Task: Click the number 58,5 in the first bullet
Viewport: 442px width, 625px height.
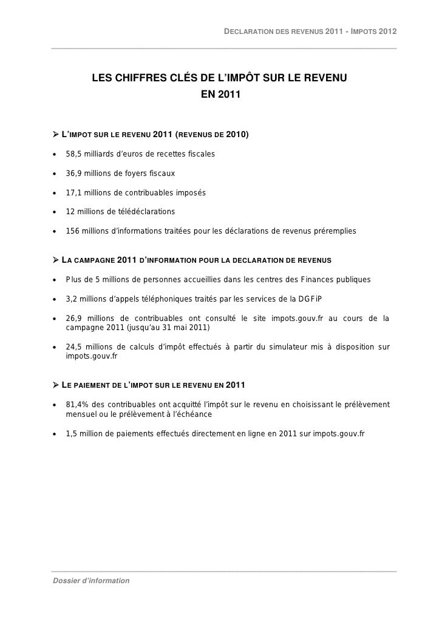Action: (73, 154)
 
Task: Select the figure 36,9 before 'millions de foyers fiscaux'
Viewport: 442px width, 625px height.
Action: (73, 174)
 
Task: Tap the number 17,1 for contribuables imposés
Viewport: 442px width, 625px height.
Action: (73, 193)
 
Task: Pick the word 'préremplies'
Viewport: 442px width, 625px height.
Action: (335, 231)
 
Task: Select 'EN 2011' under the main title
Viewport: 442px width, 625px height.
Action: (220, 95)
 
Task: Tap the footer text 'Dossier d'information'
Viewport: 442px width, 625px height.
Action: (90, 581)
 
